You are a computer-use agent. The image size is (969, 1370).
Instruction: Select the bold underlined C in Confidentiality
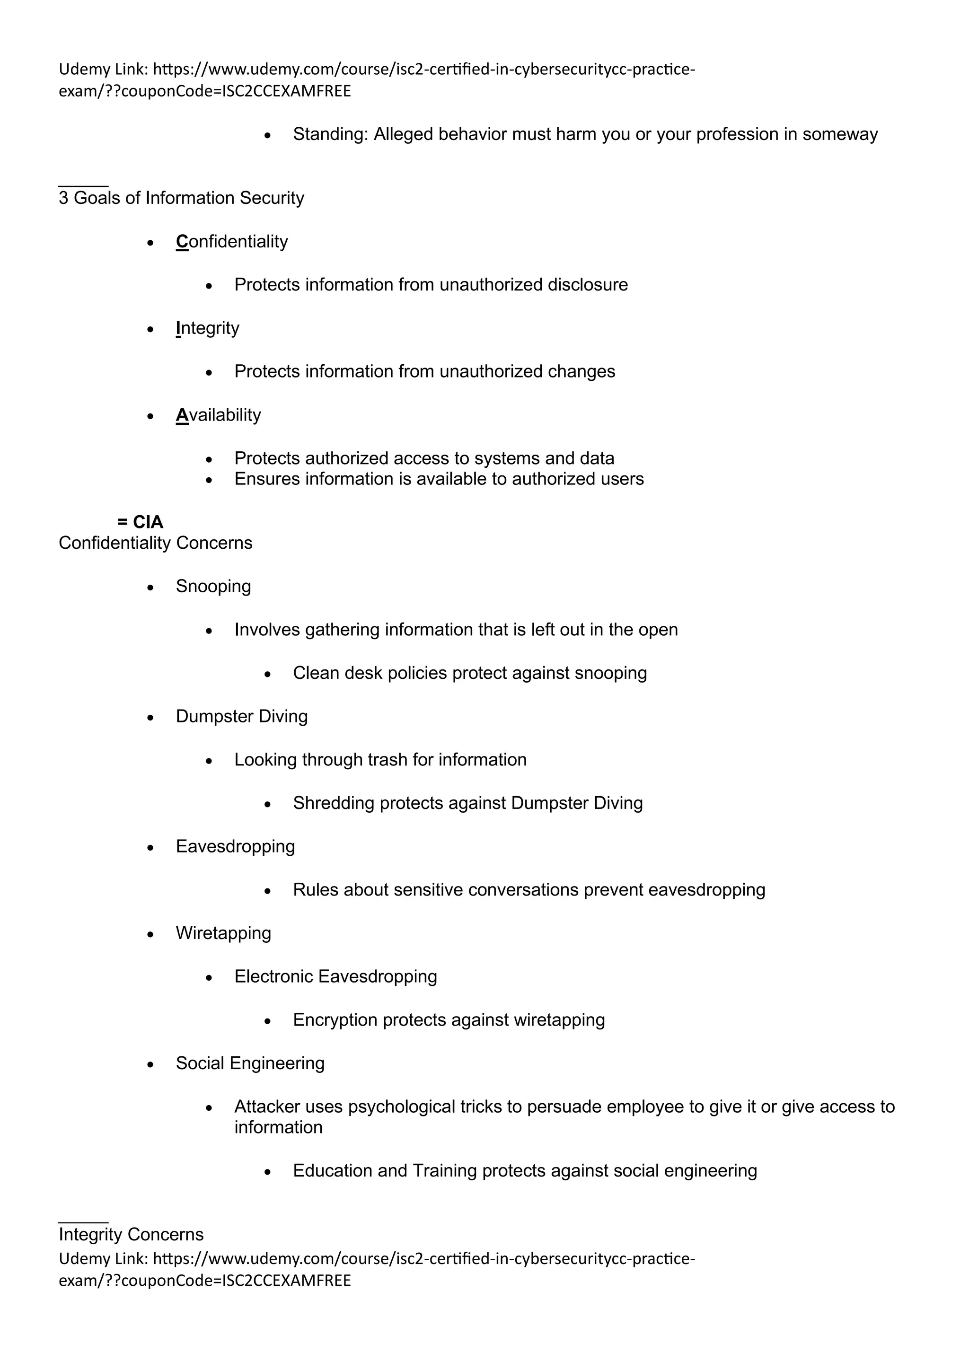(182, 242)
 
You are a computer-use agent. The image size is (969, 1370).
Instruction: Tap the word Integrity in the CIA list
(208, 328)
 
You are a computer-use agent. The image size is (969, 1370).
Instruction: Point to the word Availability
(219, 415)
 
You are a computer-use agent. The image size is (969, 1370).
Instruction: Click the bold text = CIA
(140, 522)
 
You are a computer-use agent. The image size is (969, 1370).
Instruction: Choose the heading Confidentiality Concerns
(155, 543)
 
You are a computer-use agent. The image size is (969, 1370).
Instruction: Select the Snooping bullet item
(213, 587)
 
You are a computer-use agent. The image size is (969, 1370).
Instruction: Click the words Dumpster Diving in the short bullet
(242, 716)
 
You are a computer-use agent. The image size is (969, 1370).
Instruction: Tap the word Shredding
(334, 803)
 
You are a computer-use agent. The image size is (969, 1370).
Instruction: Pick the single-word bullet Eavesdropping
(235, 846)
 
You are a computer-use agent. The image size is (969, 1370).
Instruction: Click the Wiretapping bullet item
(223, 933)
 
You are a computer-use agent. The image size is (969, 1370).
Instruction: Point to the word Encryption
(335, 1020)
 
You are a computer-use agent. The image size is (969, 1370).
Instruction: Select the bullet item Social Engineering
(250, 1063)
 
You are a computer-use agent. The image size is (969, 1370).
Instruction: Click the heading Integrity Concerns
(131, 1235)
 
